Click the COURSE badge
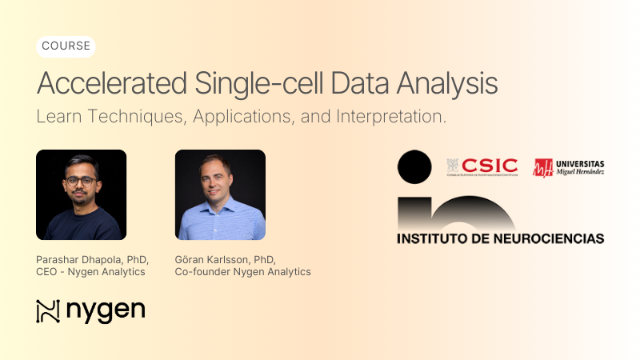click(x=66, y=46)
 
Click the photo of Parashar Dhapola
click(x=81, y=194)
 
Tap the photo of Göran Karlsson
click(x=220, y=194)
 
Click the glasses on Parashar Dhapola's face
click(x=81, y=181)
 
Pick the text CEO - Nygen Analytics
click(x=90, y=272)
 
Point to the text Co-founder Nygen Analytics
click(x=242, y=272)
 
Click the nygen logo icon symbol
click(x=48, y=311)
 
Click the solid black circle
click(x=414, y=166)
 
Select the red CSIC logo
click(x=482, y=166)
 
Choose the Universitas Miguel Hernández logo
click(x=569, y=166)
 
